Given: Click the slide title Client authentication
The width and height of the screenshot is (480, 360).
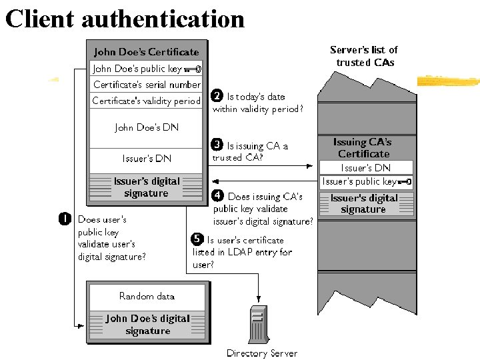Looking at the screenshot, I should pos(125,18).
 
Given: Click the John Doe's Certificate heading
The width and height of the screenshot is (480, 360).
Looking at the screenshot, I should pos(146,51).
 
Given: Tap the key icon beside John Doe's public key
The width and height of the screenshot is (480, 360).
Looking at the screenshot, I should pos(193,68).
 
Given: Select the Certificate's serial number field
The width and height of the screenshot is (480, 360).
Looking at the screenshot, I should pos(146,85).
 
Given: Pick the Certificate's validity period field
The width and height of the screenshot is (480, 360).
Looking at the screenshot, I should pos(146,101).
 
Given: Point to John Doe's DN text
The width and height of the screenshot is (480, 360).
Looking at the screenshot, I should pos(147,127).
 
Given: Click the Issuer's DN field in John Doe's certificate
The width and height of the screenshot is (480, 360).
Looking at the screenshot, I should pos(147,158).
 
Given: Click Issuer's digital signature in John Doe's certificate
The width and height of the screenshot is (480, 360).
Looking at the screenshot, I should pos(146,187).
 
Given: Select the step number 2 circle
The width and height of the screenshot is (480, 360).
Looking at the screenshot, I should pos(217,96).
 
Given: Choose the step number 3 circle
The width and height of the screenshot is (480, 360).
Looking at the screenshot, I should pos(217,144).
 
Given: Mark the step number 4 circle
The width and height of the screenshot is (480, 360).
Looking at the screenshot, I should pos(217,196).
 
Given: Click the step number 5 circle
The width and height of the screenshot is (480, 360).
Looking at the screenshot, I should pos(197,239).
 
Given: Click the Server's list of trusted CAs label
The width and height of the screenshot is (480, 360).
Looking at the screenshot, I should pos(364,56).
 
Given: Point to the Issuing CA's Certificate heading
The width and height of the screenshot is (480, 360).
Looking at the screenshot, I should pos(363,148).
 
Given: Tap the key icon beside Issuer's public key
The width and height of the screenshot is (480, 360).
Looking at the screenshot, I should pos(404,181).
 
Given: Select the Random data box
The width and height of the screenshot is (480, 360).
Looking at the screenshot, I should pos(147,296).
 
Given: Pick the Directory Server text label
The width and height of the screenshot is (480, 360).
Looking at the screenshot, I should pos(262,353).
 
